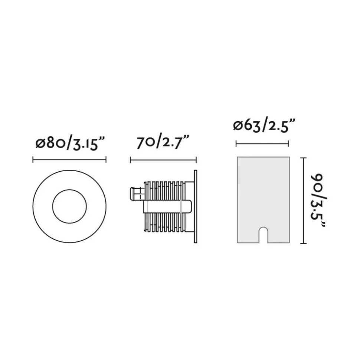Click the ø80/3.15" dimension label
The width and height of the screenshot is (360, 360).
pyautogui.click(x=70, y=143)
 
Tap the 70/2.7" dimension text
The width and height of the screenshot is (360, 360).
pyautogui.click(x=163, y=142)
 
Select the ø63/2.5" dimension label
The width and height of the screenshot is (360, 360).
pyautogui.click(x=264, y=126)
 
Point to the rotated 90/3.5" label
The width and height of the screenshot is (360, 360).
pyautogui.click(x=318, y=200)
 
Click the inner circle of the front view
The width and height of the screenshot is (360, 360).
pyautogui.click(x=69, y=207)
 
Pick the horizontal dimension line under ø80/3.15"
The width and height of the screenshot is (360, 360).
pyautogui.click(x=69, y=160)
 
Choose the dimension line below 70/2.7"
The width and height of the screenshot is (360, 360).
pyautogui.click(x=163, y=160)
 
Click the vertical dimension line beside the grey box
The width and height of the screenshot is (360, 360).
pyautogui.click(x=305, y=201)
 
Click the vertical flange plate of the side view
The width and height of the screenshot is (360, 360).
pyautogui.click(x=195, y=207)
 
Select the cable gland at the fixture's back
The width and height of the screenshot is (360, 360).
pyautogui.click(x=136, y=194)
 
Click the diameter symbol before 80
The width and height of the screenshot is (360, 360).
pyautogui.click(x=40, y=143)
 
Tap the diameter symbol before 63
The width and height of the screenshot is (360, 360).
pyautogui.click(x=238, y=126)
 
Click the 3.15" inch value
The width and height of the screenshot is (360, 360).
pyautogui.click(x=88, y=143)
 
